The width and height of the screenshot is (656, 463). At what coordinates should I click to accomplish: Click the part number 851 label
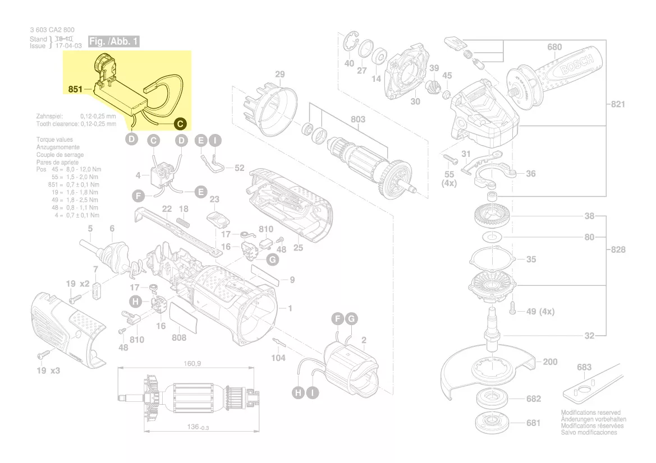pos(75,89)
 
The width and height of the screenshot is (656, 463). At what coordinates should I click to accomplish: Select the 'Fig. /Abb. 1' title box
pos(113,41)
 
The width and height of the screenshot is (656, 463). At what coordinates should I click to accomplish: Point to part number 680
pos(554,47)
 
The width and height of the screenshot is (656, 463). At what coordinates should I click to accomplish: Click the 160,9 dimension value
pos(192,364)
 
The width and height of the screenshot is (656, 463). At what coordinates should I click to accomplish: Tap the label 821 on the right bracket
pos(617,104)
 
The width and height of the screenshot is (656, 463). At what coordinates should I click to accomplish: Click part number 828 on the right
pos(617,249)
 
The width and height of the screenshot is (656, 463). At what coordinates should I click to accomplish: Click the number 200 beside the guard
pos(550,362)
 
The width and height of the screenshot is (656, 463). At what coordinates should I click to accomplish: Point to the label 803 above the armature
pos(357,119)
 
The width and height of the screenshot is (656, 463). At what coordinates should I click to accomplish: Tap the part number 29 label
pos(279,74)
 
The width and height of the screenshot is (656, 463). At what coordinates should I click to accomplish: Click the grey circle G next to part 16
pos(272,260)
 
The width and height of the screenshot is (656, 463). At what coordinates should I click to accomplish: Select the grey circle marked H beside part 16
pos(135,302)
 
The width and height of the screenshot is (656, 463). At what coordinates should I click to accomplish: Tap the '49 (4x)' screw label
pos(540,312)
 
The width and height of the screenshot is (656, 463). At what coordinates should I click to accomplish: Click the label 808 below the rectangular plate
pos(179,338)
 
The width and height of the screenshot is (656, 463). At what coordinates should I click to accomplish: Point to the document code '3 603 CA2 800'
pos(52,30)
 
